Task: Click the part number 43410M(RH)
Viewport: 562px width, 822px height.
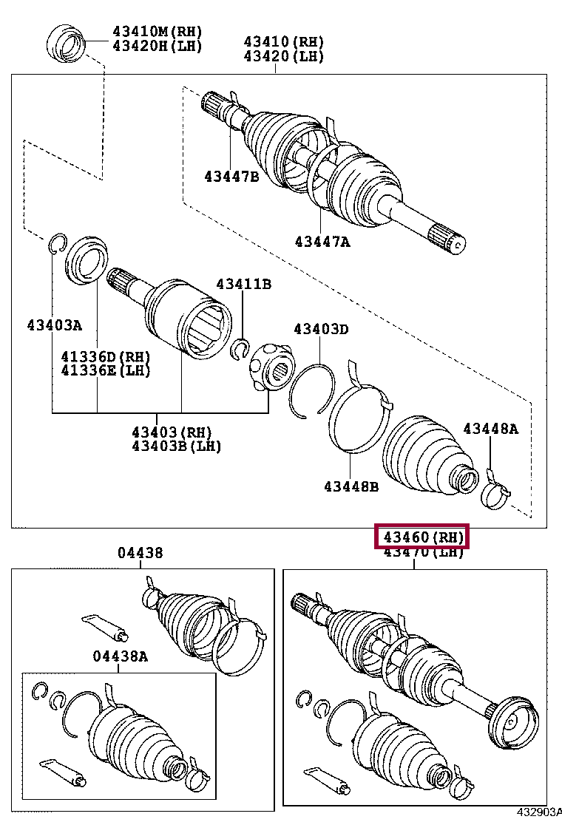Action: pyautogui.click(x=157, y=32)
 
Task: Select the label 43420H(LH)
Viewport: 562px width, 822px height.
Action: pyautogui.click(x=157, y=46)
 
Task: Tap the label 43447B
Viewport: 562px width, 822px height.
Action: pyautogui.click(x=231, y=176)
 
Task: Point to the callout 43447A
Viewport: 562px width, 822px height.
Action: pyautogui.click(x=322, y=241)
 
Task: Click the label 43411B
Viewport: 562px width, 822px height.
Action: pyautogui.click(x=243, y=285)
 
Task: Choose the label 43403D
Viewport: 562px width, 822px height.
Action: pyautogui.click(x=320, y=329)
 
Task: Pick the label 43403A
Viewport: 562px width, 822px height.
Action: pyautogui.click(x=55, y=325)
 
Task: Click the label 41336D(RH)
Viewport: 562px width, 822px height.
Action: pyautogui.click(x=106, y=357)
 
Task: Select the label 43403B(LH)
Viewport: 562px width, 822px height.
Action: pyautogui.click(x=176, y=446)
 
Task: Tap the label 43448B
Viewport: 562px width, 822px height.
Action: pyautogui.click(x=351, y=486)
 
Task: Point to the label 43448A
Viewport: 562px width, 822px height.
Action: pyautogui.click(x=491, y=429)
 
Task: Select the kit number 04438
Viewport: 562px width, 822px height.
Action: pyautogui.click(x=140, y=553)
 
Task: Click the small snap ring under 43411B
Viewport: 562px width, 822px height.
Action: pyautogui.click(x=240, y=347)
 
